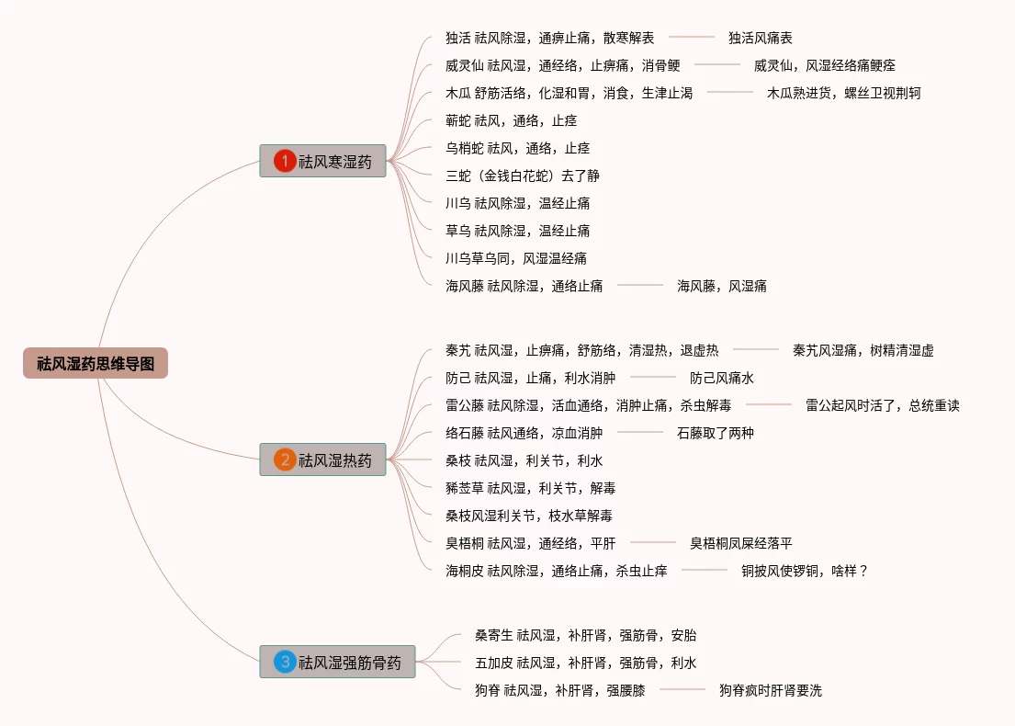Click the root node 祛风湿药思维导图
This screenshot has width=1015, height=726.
click(x=96, y=364)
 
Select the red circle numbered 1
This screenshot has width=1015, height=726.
click(x=285, y=162)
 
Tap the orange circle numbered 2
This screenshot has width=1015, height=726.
click(x=285, y=460)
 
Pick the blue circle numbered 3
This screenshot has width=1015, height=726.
click(x=285, y=662)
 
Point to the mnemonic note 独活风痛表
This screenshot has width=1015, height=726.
click(x=760, y=38)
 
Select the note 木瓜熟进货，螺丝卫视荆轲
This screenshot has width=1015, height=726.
click(x=843, y=93)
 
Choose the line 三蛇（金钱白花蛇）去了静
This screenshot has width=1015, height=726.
click(x=522, y=176)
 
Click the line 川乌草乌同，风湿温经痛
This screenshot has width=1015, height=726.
click(x=515, y=258)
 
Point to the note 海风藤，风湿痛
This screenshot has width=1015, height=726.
click(x=721, y=286)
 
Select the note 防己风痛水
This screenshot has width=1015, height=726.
click(x=721, y=378)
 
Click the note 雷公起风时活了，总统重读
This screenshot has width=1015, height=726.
click(x=882, y=405)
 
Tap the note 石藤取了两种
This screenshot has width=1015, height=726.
click(x=715, y=433)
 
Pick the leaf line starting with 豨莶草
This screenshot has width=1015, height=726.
click(x=530, y=488)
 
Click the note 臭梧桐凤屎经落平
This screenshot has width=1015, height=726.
click(x=740, y=543)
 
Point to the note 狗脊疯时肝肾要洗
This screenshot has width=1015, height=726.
click(x=770, y=690)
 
